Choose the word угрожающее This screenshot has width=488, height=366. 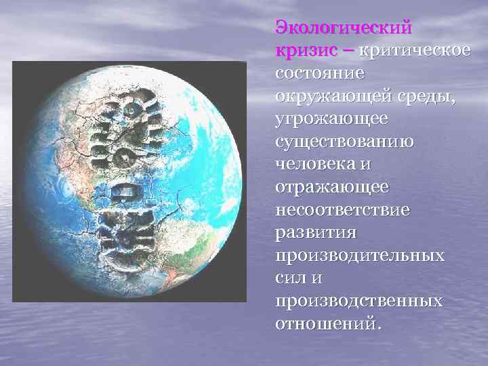[331, 119]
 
